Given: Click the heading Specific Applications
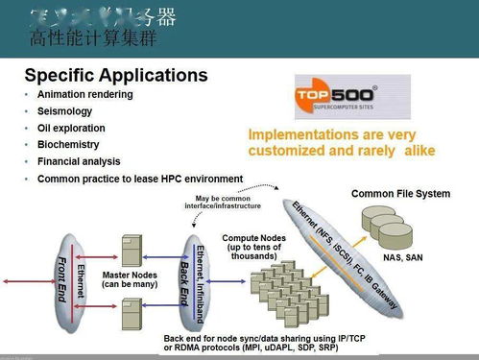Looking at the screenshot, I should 115,75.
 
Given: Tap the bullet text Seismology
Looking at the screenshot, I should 64,110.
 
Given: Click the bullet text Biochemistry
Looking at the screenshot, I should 69,144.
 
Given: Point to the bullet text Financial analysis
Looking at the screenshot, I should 79,161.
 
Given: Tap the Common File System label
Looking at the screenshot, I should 400,194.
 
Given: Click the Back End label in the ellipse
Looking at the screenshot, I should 185,278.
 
